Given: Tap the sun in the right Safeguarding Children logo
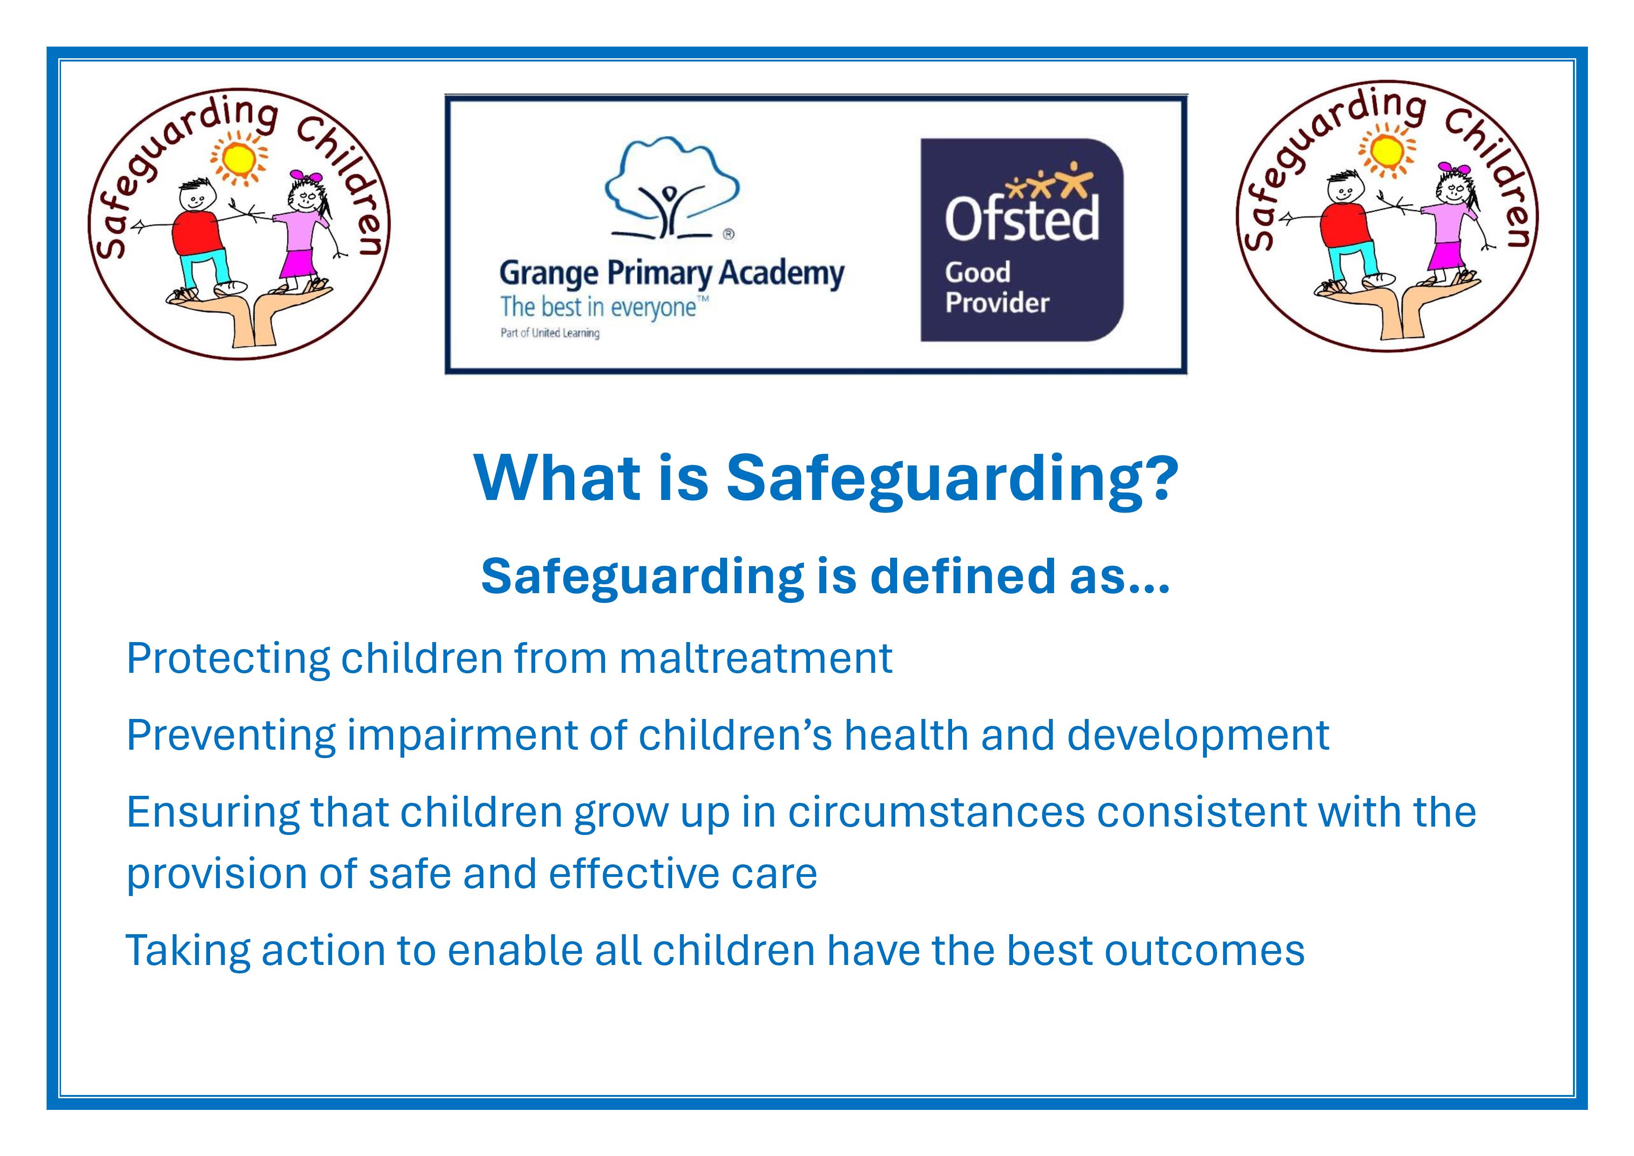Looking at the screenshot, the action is tap(1386, 150).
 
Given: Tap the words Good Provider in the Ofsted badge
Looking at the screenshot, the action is tap(996, 287).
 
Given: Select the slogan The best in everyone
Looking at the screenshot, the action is tap(604, 308).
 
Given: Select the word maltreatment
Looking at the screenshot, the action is tap(756, 658).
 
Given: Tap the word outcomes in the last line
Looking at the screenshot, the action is tap(1204, 950).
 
